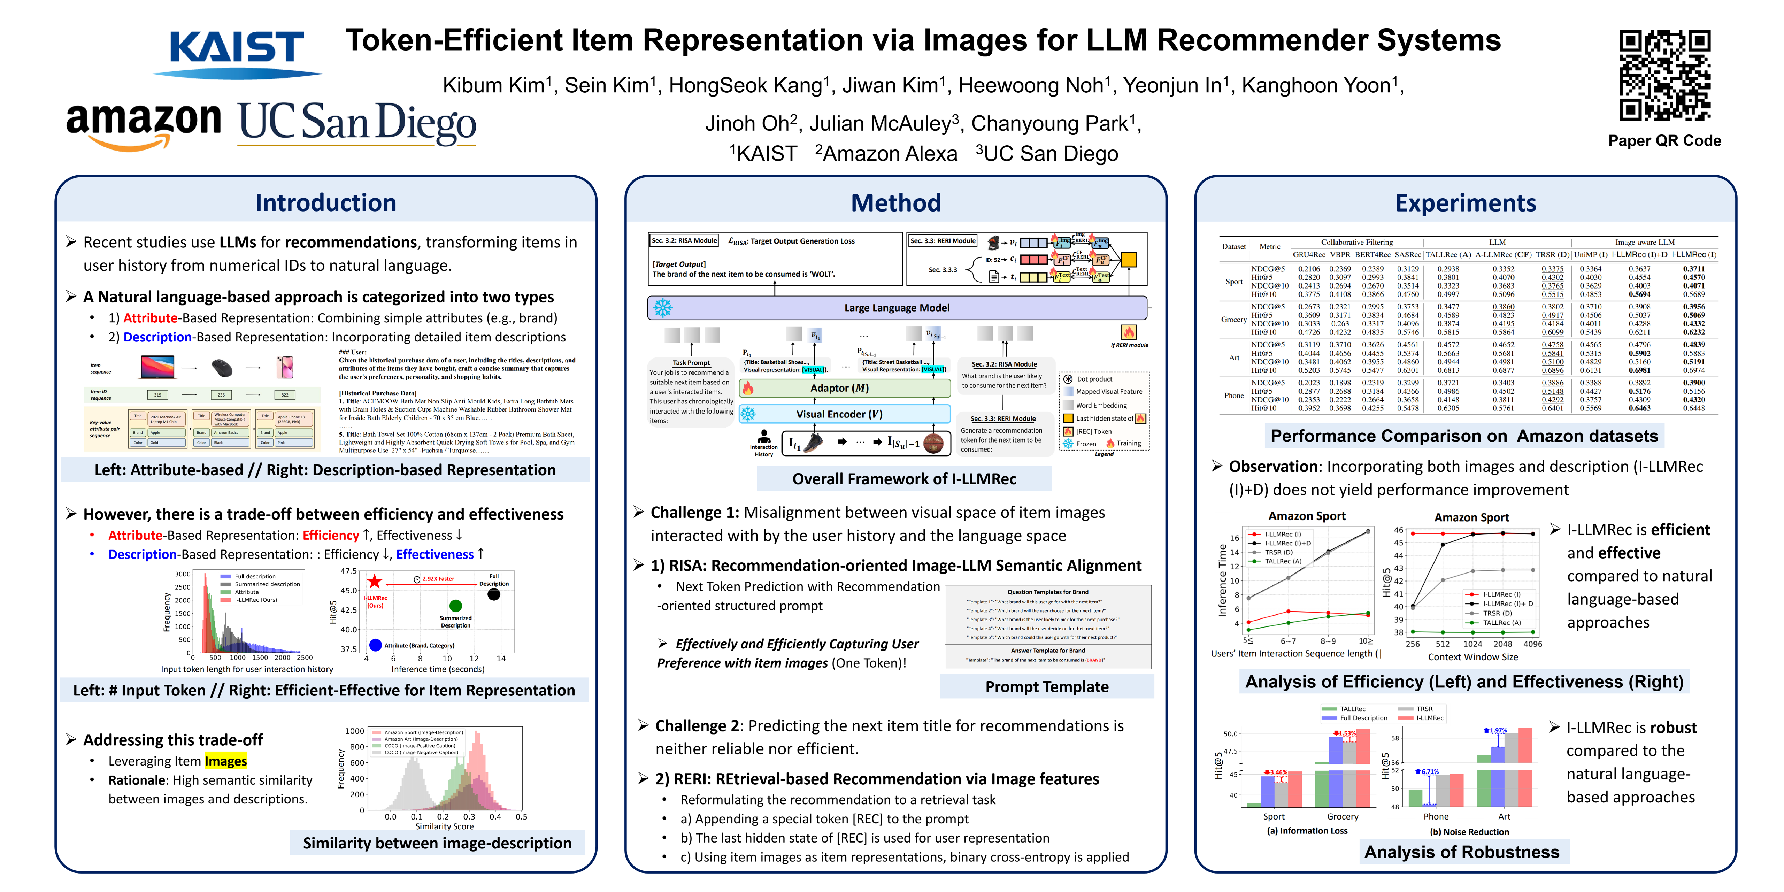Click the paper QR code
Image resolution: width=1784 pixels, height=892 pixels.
1664,75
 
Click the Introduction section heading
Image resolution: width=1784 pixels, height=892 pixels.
325,203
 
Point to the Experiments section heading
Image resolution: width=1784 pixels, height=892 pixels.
1466,203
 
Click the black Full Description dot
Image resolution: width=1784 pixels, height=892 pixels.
494,594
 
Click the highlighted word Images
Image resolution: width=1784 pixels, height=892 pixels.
226,761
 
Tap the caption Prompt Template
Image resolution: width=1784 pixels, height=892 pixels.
1046,686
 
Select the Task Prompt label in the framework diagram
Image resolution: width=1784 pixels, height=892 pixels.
691,363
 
